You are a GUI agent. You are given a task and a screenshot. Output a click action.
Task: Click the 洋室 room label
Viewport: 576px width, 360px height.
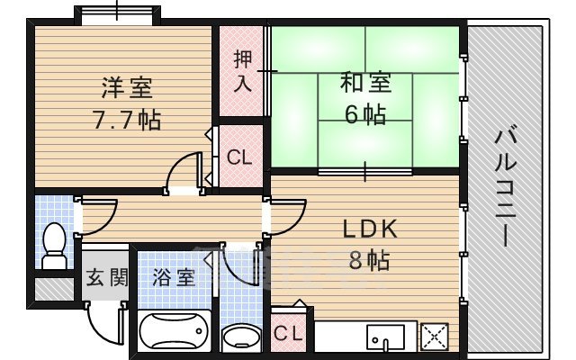click(x=126, y=88)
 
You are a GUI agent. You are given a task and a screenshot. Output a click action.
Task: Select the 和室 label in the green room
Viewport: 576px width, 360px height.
click(x=365, y=84)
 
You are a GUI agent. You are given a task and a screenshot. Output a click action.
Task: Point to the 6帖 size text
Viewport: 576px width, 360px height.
click(x=365, y=114)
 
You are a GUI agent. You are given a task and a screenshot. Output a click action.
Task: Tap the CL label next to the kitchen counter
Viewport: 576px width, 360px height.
click(x=290, y=334)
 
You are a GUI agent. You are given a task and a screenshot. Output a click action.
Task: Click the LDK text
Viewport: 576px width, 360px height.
click(x=368, y=229)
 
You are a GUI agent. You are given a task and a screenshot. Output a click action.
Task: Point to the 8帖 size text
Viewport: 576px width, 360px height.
click(x=368, y=260)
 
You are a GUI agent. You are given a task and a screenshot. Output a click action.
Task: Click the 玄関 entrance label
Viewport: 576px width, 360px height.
click(x=106, y=277)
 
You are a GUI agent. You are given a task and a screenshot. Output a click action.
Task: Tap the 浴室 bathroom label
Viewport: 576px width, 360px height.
click(x=174, y=277)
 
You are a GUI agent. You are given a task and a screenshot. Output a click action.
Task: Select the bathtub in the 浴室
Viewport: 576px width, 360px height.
click(x=175, y=336)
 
